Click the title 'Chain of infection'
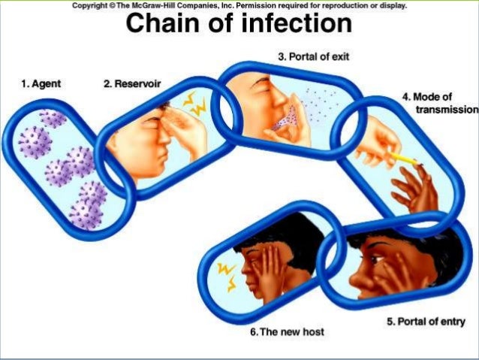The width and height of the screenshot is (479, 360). click(x=239, y=24)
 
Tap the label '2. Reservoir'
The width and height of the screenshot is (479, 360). click(x=128, y=83)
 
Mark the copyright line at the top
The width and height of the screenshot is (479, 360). click(x=239, y=5)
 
